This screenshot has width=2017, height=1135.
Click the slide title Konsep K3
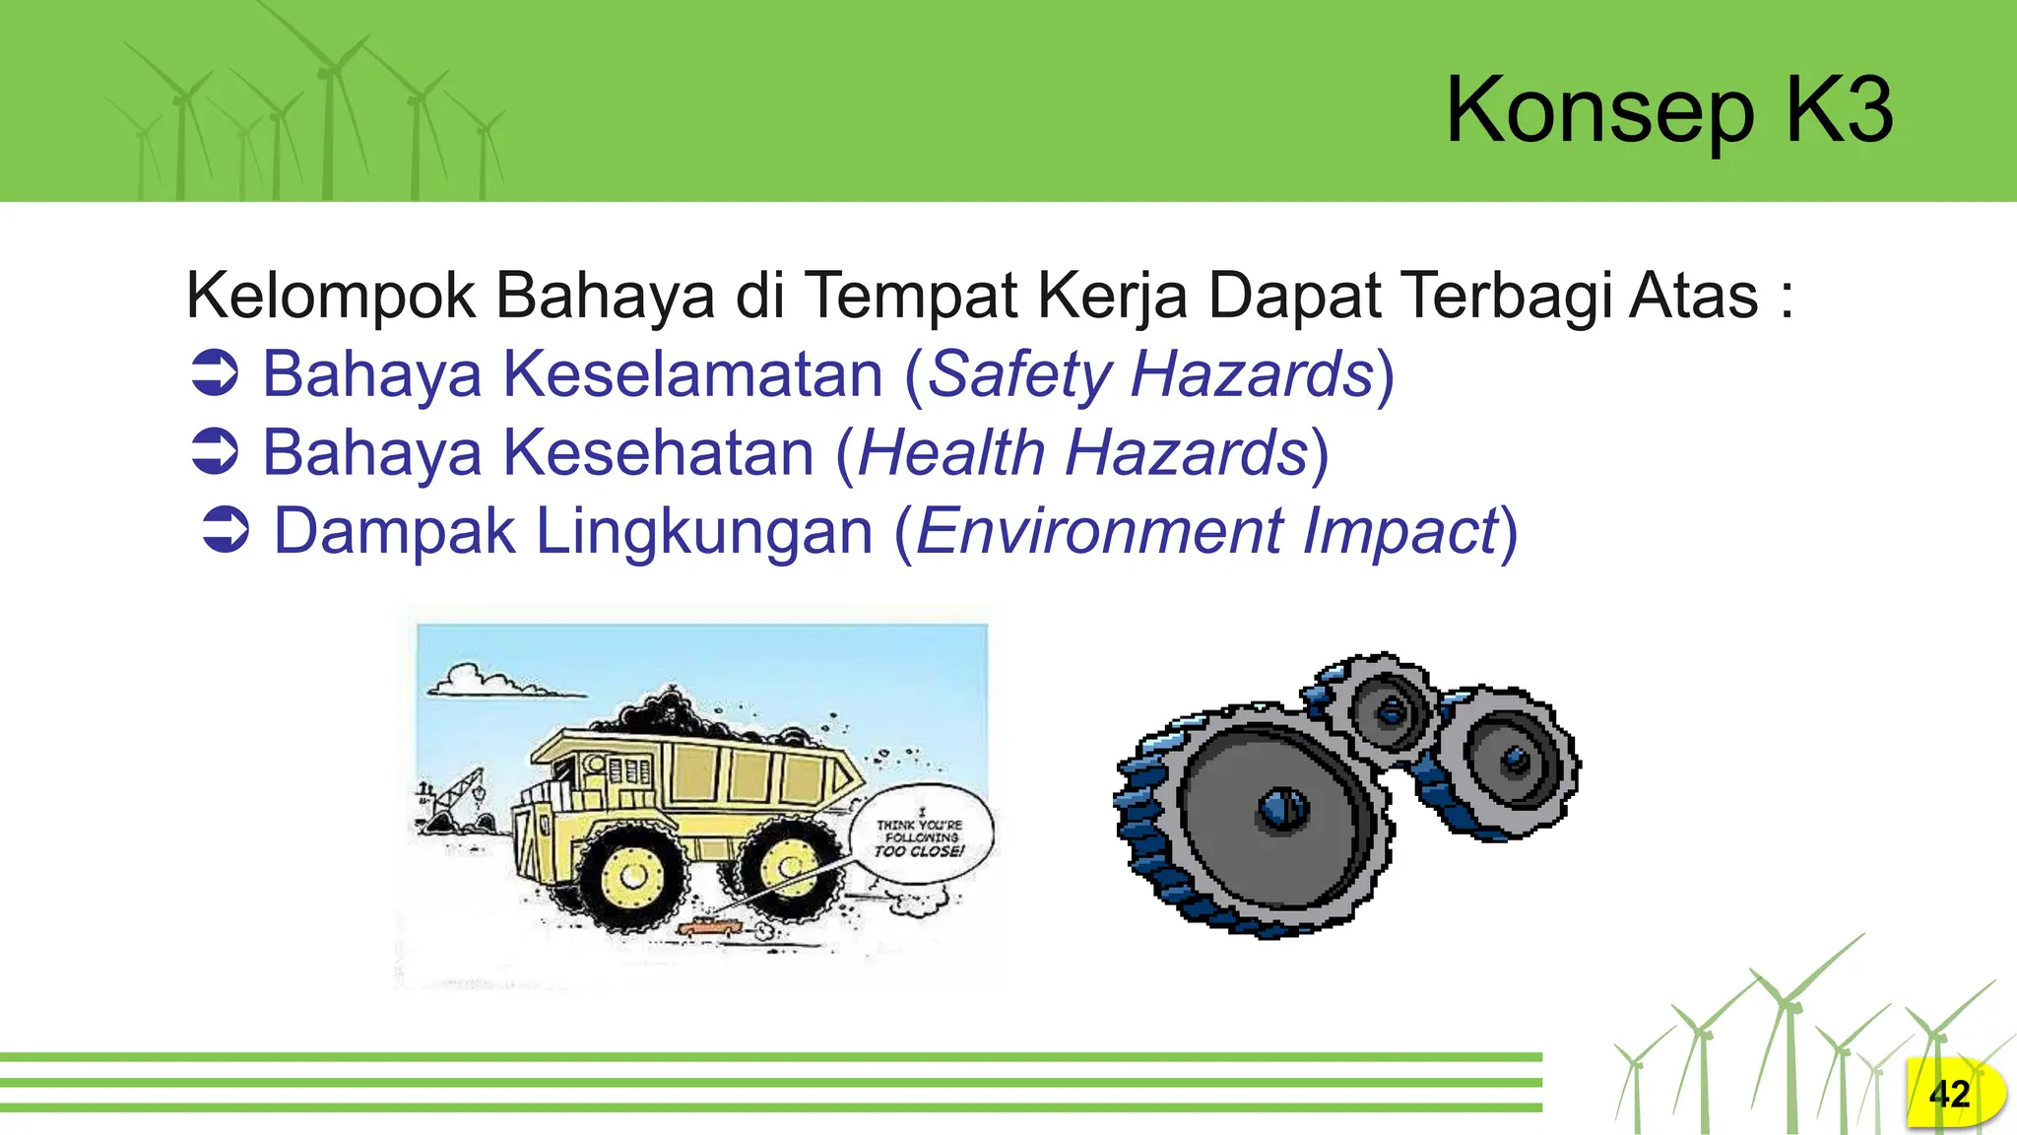[1668, 110]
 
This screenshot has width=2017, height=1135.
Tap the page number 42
[1949, 1095]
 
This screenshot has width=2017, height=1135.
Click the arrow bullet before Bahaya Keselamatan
[215, 373]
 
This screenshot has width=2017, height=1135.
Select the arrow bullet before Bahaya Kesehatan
[215, 452]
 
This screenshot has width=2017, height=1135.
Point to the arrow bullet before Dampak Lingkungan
[226, 530]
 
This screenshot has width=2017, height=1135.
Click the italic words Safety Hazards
[1150, 375]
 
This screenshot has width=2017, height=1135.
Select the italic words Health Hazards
[1082, 454]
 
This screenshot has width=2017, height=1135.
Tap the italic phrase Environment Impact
[1207, 532]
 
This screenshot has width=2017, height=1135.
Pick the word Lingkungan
[704, 532]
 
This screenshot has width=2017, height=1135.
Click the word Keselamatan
[693, 375]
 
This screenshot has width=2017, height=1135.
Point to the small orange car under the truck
[707, 926]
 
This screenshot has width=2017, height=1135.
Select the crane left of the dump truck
[455, 798]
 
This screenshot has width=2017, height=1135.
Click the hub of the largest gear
[1281, 810]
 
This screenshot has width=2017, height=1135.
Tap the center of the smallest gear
[1391, 710]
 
